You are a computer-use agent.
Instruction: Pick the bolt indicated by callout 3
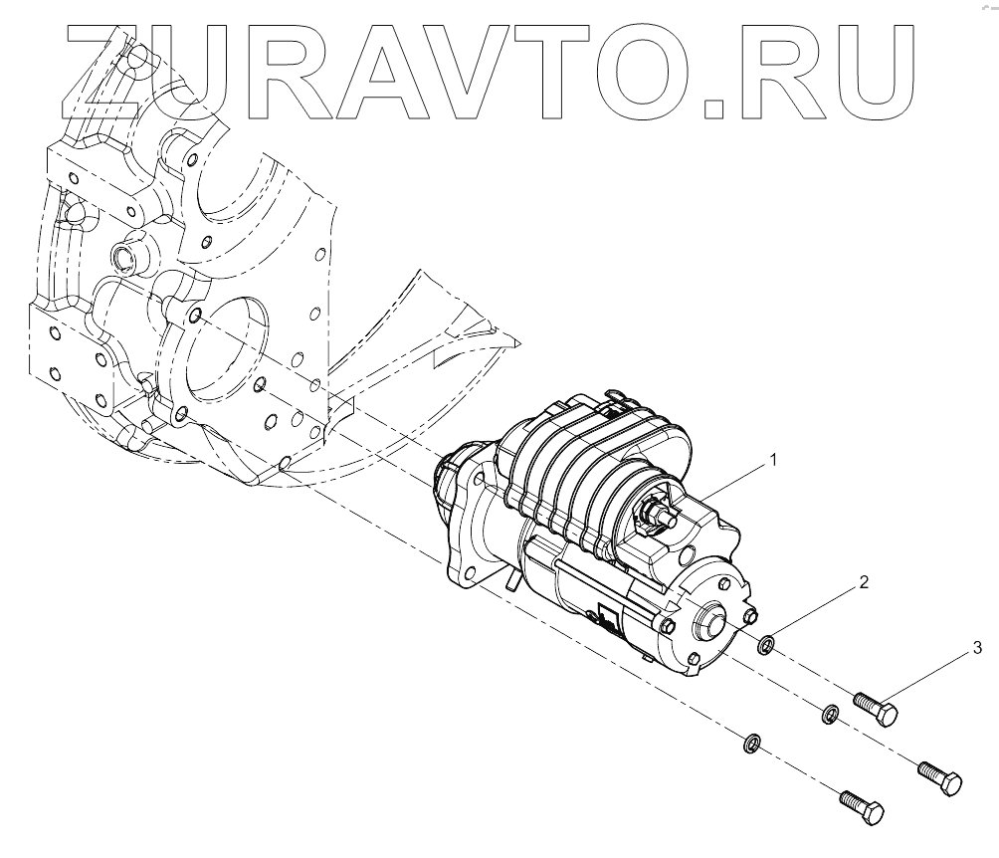(x=878, y=709)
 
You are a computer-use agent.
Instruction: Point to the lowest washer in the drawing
(x=753, y=743)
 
